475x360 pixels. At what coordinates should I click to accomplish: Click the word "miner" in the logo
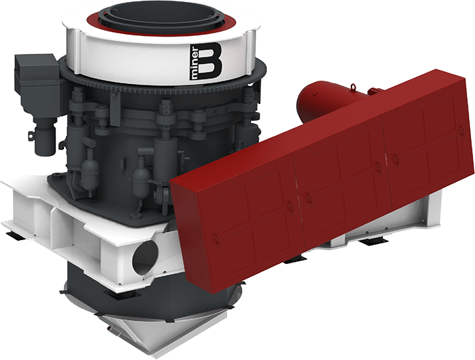pos(194,63)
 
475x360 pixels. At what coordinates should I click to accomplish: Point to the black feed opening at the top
pos(161,17)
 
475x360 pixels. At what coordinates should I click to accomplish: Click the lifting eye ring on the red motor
pos(353,87)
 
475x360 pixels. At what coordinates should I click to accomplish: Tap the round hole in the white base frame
pos(145,257)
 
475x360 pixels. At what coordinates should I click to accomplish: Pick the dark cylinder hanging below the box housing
pos(45,135)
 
